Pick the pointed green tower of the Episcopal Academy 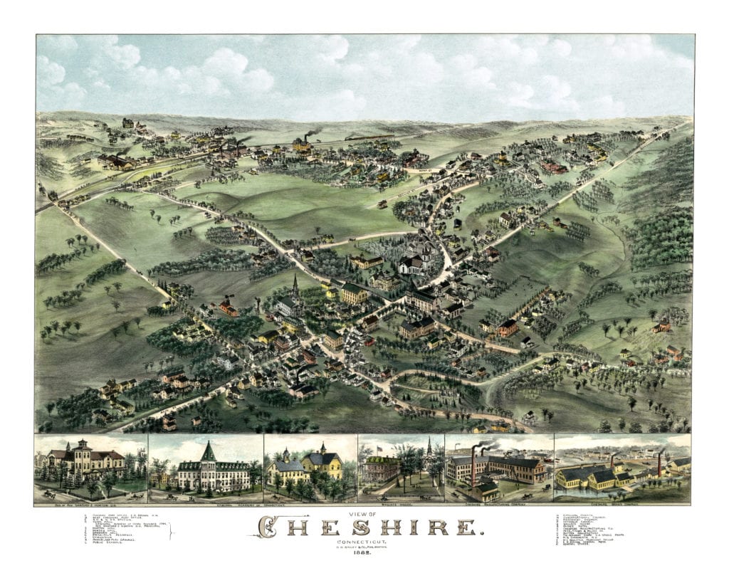[209, 451]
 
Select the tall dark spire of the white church [295, 285]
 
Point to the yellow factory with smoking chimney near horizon [302, 145]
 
